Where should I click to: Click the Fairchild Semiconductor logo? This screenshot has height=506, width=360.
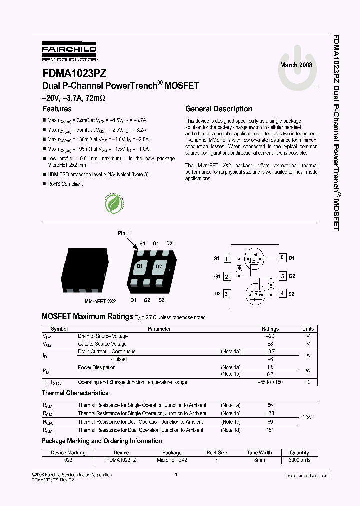pyautogui.click(x=69, y=51)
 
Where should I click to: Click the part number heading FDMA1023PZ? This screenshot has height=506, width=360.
pyautogui.click(x=74, y=73)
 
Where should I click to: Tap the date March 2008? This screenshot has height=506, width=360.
pyautogui.click(x=296, y=65)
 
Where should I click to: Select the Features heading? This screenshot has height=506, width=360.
pyautogui.click(x=57, y=109)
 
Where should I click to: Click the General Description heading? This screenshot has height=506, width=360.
pyautogui.click(x=219, y=109)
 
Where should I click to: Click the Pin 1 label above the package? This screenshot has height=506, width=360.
pyautogui.click(x=123, y=234)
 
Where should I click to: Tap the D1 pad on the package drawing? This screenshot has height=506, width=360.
pyautogui.click(x=140, y=267)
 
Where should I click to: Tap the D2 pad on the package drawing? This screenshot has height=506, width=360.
pyautogui.click(x=159, y=267)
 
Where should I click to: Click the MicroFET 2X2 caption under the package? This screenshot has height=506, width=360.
pyautogui.click(x=100, y=302)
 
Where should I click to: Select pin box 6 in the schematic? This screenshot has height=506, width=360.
pyautogui.click(x=282, y=258)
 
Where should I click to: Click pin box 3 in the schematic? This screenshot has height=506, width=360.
pyautogui.click(x=227, y=294)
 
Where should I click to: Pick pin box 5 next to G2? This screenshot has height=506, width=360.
pyautogui.click(x=282, y=276)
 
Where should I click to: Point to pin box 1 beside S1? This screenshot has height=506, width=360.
pyautogui.click(x=227, y=258)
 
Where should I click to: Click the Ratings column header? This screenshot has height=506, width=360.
pyautogui.click(x=270, y=329)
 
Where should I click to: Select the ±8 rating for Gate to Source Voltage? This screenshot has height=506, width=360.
pyautogui.click(x=270, y=344)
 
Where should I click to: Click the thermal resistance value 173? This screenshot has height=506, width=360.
pyautogui.click(x=270, y=414)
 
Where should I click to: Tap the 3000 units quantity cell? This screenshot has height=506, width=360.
pyautogui.click(x=299, y=460)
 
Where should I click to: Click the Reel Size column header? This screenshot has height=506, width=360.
pyautogui.click(x=217, y=453)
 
